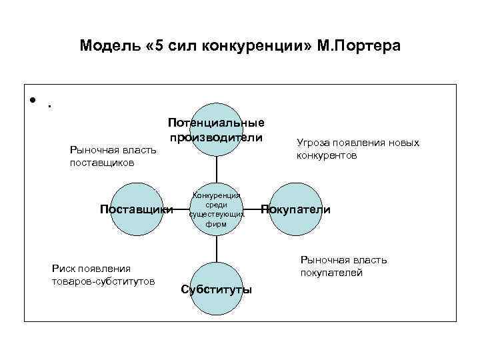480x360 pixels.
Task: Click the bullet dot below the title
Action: (x=31, y=101)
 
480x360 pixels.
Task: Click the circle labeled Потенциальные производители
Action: (x=216, y=129)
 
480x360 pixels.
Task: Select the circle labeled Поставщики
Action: (x=136, y=209)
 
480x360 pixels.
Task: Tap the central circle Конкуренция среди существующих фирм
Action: (x=216, y=209)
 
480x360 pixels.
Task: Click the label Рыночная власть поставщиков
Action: (x=113, y=156)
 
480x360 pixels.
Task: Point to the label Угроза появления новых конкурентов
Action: (x=358, y=149)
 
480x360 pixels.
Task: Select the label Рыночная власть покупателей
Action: (x=343, y=266)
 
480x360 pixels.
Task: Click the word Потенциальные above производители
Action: (x=216, y=123)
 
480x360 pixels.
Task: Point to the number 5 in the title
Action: (x=157, y=46)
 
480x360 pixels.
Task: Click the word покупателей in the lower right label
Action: (x=331, y=272)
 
